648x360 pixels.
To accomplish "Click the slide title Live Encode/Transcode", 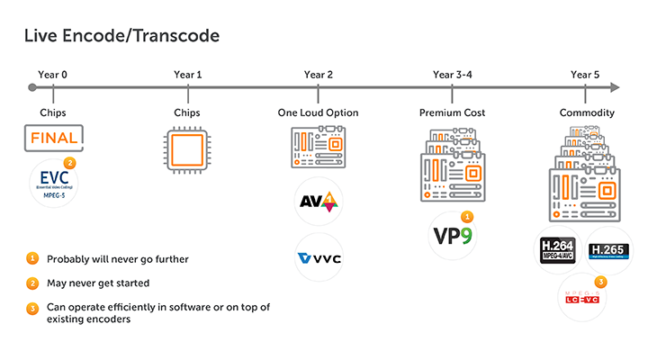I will click(121, 36).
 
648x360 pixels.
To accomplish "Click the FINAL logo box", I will click(54, 139).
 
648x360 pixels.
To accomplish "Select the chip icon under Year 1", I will click(187, 148).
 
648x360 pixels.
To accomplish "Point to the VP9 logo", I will click(452, 233).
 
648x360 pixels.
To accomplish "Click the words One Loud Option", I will click(319, 112).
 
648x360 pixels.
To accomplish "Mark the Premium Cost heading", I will click(452, 112).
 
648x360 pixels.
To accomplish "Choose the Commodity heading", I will click(586, 112).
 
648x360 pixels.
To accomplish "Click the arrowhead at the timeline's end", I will click(614, 87).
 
